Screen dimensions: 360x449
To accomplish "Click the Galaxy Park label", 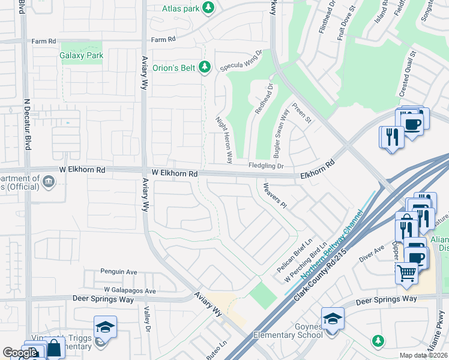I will (x=82, y=56).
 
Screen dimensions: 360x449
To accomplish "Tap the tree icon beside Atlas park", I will (x=208, y=8).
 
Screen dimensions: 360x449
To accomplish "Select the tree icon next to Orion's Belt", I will (x=205, y=67).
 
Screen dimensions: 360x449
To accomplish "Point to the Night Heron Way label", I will (x=224, y=140).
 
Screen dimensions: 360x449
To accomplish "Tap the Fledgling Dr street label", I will (x=266, y=166).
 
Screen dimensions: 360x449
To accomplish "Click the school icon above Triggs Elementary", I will (x=105, y=327).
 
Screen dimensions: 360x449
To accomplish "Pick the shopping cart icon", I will (x=406, y=273).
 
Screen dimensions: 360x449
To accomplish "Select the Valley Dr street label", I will (x=146, y=318).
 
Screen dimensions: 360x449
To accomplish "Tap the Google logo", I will (x=20, y=353).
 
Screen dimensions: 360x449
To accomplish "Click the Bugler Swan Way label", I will (x=281, y=133).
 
